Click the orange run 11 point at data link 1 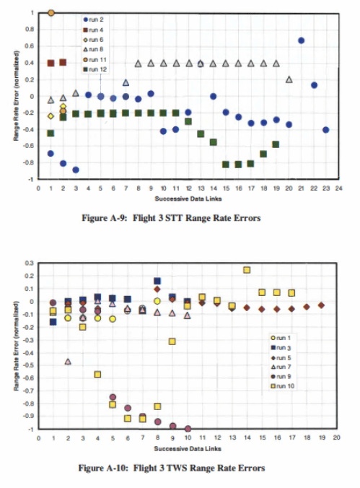(51, 13)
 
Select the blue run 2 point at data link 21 (301, 40)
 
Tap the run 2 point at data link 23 (326, 130)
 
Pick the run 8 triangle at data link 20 (289, 79)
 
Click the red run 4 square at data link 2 (63, 63)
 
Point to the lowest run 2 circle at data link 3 (75, 170)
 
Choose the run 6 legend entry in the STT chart (98, 40)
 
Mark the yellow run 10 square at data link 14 (247, 270)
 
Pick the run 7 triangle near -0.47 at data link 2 (68, 362)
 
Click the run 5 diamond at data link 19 (321, 305)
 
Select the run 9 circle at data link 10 (188, 429)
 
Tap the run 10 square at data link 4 (97, 374)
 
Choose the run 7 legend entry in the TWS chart (283, 367)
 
